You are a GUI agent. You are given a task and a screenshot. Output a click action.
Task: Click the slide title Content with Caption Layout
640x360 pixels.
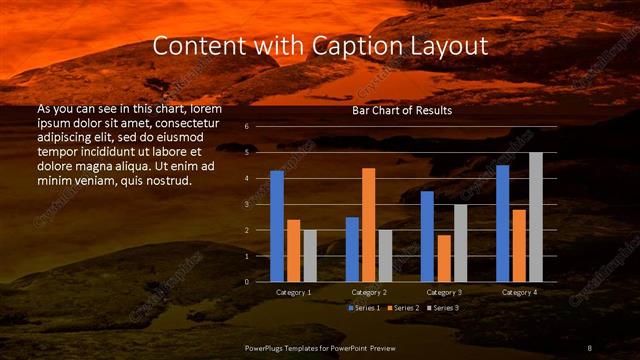tap(320, 46)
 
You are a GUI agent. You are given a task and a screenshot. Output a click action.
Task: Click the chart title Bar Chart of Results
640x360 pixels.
tap(402, 110)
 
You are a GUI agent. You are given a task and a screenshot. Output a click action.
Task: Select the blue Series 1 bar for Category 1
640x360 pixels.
tap(277, 226)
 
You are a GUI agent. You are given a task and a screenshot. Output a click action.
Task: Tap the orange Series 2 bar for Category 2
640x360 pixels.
tap(369, 225)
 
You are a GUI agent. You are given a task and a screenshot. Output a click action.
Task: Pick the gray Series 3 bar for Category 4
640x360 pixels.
tap(535, 217)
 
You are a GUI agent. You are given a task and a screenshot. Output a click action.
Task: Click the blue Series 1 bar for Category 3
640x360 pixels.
tap(427, 236)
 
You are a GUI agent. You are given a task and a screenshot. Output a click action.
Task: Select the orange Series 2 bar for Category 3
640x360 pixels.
tap(444, 258)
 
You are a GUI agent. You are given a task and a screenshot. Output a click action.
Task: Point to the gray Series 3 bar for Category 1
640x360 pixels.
tap(310, 255)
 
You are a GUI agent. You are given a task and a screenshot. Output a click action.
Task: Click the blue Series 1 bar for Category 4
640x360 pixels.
tap(502, 223)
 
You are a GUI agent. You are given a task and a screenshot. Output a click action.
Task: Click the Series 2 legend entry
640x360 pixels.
tap(403, 307)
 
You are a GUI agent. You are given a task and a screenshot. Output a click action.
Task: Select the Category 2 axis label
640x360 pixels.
tap(369, 292)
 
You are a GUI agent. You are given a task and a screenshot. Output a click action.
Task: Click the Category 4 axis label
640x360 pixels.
tap(518, 292)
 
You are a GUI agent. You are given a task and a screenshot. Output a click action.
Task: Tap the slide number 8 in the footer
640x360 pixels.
tap(589, 346)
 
